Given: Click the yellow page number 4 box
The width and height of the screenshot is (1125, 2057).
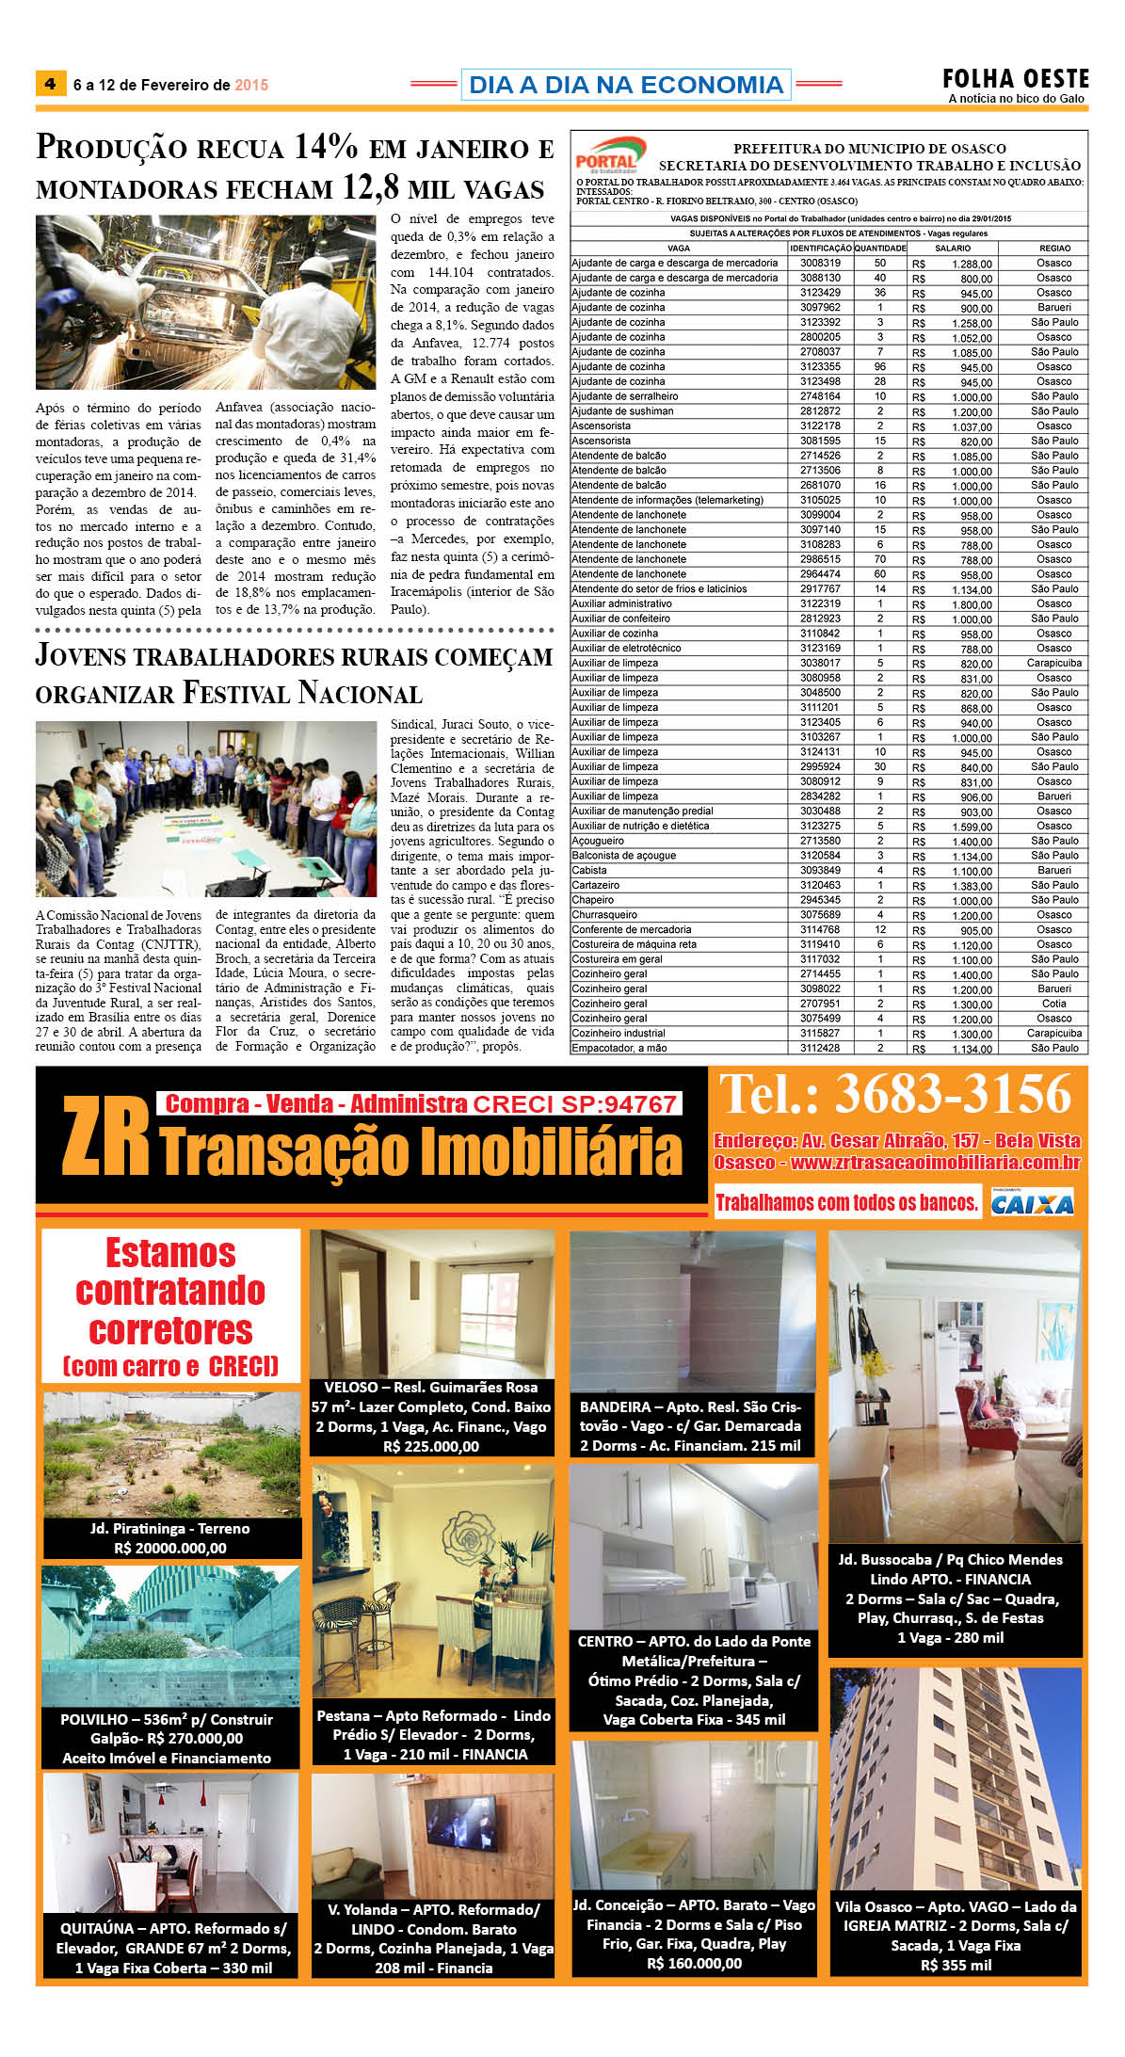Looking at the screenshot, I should click(50, 84).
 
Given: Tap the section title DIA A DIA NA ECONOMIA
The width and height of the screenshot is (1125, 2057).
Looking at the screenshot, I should click(625, 85).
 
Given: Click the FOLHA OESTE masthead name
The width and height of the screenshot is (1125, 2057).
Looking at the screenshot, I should click(1016, 79).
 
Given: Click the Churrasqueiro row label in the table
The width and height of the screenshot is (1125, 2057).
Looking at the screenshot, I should click(604, 915).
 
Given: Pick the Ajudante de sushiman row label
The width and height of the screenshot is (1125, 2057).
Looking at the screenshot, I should click(622, 411).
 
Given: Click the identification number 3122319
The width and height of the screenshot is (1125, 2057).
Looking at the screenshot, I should click(820, 604).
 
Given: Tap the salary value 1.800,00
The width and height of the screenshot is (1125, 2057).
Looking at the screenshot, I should click(972, 604).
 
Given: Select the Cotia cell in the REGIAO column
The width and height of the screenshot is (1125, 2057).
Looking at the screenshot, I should click(1053, 1004).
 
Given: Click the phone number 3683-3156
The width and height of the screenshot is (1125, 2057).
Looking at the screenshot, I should click(895, 1095).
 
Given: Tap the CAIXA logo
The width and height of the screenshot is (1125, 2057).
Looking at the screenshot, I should click(1032, 1204).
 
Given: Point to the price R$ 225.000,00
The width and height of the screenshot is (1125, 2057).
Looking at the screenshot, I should click(431, 1447).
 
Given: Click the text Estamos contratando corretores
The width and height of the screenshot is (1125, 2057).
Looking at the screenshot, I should click(170, 1293).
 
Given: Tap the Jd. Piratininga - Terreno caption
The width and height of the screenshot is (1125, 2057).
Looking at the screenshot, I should click(170, 1529).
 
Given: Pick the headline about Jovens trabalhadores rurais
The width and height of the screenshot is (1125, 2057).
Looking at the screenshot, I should click(294, 674).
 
